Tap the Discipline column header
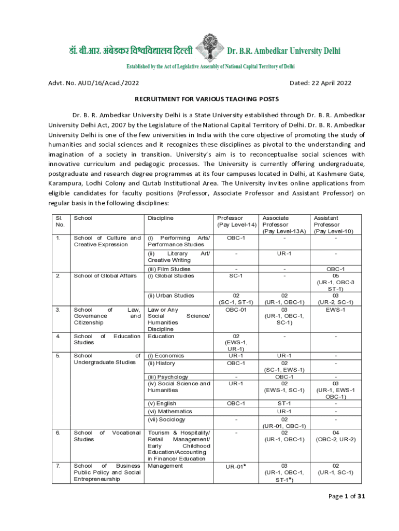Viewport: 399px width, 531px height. pyautogui.click(x=161, y=218)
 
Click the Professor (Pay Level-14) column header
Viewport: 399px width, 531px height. pyautogui.click(x=236, y=221)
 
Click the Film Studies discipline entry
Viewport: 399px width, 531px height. pyautogui.click(x=169, y=269)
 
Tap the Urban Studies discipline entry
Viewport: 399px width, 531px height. pyautogui.click(x=172, y=296)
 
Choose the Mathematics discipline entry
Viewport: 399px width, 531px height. pyautogui.click(x=170, y=411)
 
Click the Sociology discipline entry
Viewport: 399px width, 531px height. pyautogui.click(x=167, y=420)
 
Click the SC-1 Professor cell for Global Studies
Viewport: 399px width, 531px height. pyautogui.click(x=236, y=276)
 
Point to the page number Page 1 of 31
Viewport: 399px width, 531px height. pyautogui.click(x=347, y=497)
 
